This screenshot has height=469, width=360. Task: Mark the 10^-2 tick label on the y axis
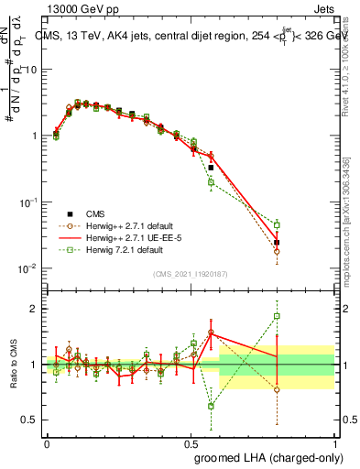coord(28,268)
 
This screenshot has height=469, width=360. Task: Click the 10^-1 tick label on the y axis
coord(28,202)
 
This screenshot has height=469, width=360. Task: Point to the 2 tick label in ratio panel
coord(33,309)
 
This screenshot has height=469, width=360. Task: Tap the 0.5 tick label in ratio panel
coord(29,420)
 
